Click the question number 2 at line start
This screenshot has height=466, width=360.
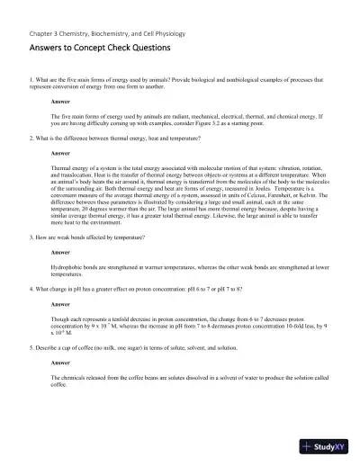tap(31, 138)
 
